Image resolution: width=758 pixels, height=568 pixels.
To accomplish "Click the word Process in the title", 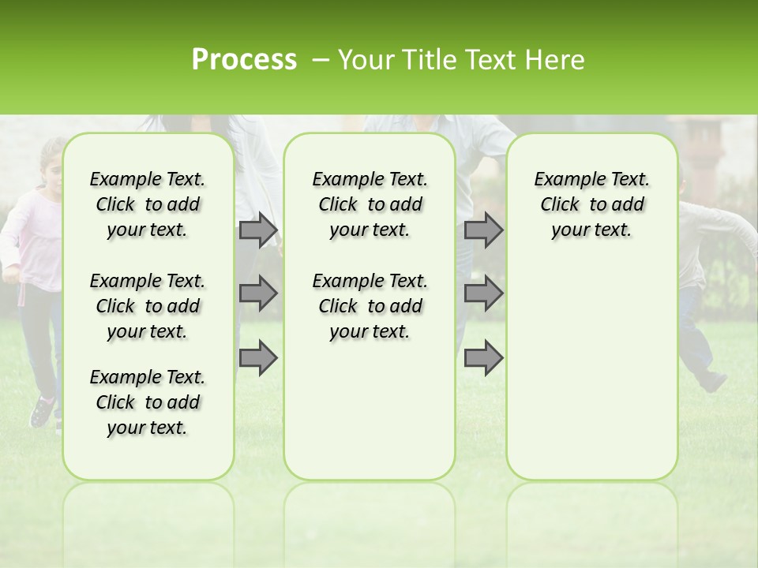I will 244,60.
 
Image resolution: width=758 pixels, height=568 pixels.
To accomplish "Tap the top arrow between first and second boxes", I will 258,230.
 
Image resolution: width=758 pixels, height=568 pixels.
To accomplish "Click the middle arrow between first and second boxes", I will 258,293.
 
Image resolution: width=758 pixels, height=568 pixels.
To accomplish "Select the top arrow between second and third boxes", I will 483,230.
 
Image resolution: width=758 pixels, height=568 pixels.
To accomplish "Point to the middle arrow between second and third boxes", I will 483,293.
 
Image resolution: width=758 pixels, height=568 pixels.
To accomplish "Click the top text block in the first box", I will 148,204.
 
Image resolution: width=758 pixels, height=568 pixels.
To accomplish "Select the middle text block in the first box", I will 148,306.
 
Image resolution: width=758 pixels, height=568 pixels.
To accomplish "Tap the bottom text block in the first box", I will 148,402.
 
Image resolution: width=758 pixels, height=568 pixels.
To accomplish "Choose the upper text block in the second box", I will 370,204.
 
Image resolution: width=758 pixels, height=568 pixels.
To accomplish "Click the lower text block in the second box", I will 370,306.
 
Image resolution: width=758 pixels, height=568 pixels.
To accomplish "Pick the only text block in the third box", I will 591,204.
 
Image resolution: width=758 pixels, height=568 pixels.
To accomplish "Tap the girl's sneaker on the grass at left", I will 43,412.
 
